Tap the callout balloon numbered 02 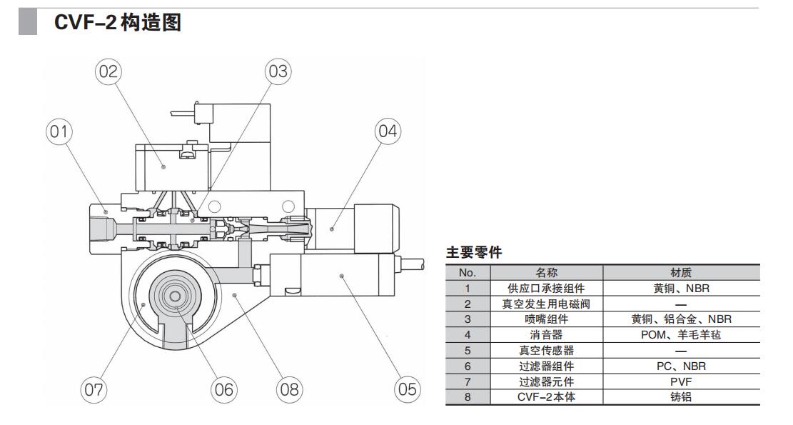click(x=108, y=71)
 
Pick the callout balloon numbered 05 click(x=407, y=389)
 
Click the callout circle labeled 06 click(x=223, y=389)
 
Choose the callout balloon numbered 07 click(x=94, y=389)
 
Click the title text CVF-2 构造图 click(x=118, y=24)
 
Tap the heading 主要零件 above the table click(x=474, y=253)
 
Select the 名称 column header click(x=547, y=272)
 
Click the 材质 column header click(x=681, y=272)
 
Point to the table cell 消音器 click(x=547, y=334)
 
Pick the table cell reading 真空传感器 click(x=547, y=350)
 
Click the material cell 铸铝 click(x=681, y=397)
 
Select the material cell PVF click(x=681, y=381)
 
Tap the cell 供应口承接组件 click(x=547, y=288)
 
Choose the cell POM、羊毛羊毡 click(x=681, y=334)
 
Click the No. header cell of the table click(x=467, y=272)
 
